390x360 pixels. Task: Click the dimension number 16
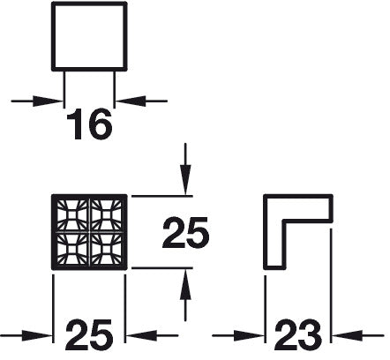89,124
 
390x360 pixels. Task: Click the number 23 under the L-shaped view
297,335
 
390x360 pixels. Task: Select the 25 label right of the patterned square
185,232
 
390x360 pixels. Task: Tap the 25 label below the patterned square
89,335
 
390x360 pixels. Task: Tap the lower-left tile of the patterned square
72,249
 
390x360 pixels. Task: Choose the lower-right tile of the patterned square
106,249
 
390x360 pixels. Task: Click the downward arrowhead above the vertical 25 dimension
185,180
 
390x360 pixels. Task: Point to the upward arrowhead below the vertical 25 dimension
185,284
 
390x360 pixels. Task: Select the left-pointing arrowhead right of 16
131,101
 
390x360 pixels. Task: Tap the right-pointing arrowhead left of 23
249,335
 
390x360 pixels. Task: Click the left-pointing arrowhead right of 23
347,335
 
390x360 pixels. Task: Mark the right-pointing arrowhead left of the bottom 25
37,335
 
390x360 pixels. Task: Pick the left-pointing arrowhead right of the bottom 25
141,335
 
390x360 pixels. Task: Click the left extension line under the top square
64,89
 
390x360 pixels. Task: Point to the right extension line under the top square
115,89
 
